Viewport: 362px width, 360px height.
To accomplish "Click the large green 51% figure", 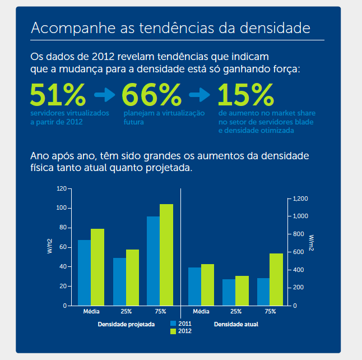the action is point(58,95).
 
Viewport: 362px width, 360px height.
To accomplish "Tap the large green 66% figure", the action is point(152,95).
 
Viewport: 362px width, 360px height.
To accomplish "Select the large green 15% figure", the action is point(245,95).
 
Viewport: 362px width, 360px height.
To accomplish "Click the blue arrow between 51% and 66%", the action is point(105,95).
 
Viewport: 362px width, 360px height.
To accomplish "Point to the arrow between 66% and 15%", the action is point(199,95).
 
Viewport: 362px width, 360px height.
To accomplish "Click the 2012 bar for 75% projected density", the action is point(166,255).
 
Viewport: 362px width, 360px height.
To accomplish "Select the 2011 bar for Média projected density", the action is point(84,273).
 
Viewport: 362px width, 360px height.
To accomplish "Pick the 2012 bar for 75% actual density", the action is point(276,280).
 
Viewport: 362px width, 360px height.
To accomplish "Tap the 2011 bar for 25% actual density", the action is point(229,292).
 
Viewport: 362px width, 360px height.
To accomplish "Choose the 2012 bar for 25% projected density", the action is point(132,278).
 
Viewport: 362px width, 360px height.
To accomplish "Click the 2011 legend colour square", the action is point(173,324).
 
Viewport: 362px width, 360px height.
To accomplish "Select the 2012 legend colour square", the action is point(173,331).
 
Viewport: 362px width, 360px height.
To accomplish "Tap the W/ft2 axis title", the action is point(50,246).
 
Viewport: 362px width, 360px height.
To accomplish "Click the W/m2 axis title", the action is point(311,243).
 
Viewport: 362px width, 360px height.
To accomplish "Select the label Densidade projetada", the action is point(126,325).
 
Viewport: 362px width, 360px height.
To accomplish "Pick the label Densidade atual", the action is point(236,325).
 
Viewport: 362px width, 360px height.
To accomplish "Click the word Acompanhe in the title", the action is point(73,28).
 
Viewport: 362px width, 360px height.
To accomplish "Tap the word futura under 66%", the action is point(134,122).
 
